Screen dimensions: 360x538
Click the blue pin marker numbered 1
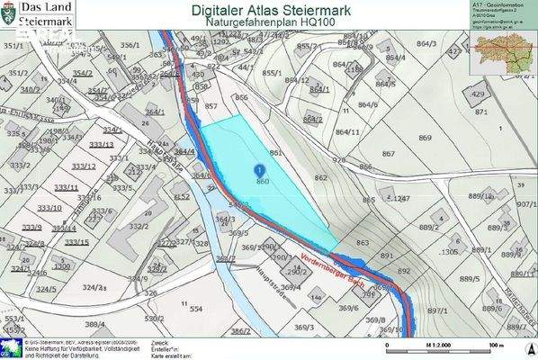(x=260, y=168)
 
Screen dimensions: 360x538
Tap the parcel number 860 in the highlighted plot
(x=263, y=182)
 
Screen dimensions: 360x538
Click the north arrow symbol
(x=526, y=346)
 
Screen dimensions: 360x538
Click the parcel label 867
(x=388, y=154)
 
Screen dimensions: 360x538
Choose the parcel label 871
(x=482, y=112)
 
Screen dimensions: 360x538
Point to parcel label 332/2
(x=139, y=227)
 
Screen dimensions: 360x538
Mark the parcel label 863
(x=363, y=243)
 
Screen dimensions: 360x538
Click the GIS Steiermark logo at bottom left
(x=12, y=347)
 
